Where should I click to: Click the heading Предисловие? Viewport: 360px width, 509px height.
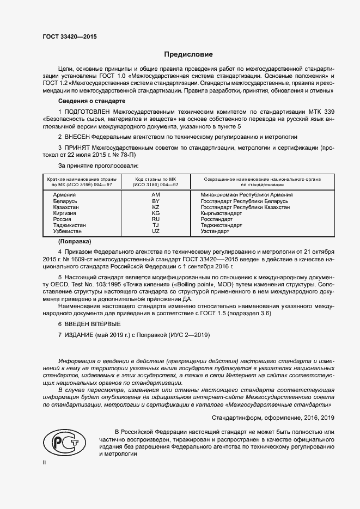[x=189, y=54]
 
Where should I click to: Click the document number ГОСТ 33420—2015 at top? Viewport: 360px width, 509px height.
[x=70, y=37]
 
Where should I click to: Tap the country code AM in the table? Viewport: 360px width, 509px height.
[x=155, y=195]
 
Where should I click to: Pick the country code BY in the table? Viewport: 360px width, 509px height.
[x=155, y=201]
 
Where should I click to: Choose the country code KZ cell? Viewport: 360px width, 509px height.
[x=155, y=207]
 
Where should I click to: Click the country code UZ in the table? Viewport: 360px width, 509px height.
[x=155, y=231]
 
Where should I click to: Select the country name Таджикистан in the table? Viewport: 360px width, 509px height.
[x=70, y=225]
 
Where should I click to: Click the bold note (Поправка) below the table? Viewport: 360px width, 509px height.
[x=75, y=241]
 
